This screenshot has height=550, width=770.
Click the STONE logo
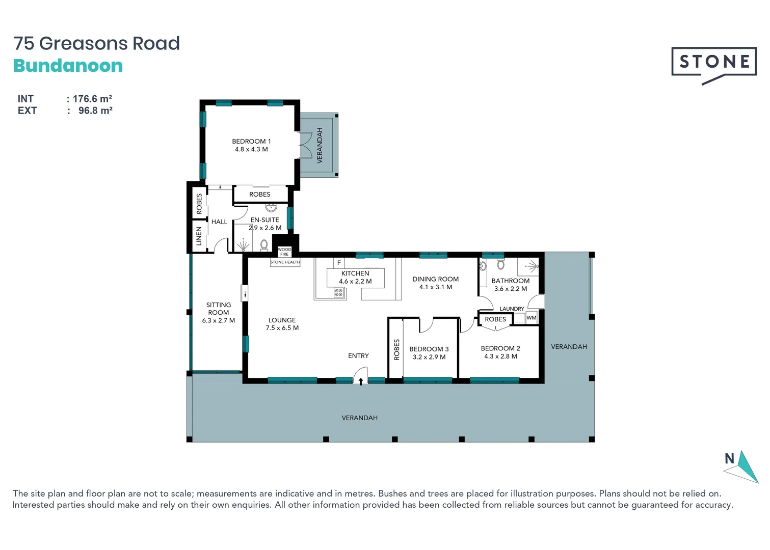713,62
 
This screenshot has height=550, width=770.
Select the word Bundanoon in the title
68,66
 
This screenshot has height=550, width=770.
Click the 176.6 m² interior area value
92,99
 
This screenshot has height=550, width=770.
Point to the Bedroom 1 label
251,145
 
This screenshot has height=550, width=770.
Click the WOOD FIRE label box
284,252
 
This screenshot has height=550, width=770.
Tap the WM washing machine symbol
532,318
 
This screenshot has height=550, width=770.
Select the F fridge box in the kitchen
339,263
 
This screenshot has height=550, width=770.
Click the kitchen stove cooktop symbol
339,293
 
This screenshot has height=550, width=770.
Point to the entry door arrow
361,381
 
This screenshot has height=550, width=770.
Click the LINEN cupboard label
199,236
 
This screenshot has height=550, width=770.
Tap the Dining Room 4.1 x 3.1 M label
435,283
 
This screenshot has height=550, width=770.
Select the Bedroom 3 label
429,353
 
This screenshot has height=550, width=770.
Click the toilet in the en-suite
264,245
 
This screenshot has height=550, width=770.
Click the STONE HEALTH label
285,262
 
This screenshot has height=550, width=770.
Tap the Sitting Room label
219,313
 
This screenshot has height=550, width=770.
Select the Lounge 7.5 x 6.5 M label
282,324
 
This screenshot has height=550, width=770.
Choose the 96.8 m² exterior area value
95,111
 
